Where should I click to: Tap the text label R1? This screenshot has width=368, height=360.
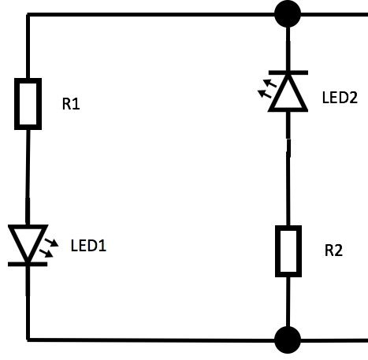click(71, 104)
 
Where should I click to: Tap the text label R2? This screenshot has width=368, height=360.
click(333, 251)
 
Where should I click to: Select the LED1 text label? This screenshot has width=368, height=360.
click(88, 246)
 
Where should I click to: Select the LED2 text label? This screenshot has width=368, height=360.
click(340, 98)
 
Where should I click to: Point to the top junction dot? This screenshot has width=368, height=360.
click(288, 14)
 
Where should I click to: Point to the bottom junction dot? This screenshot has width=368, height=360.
click(288, 340)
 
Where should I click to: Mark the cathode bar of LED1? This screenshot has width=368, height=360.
click(28, 264)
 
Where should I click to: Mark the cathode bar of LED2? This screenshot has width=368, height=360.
click(288, 72)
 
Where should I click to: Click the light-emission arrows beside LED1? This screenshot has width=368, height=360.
click(49, 248)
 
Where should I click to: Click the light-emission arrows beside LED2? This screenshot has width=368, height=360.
click(267, 89)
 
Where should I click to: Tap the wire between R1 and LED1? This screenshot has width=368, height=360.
click(28, 177)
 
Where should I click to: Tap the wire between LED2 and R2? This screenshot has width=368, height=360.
click(288, 169)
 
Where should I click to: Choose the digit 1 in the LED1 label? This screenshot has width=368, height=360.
click(102, 246)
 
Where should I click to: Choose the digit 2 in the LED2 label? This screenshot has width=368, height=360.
click(353, 98)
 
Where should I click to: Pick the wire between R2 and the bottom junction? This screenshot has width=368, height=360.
click(288, 302)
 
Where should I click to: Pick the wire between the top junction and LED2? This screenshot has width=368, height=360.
click(288, 49)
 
